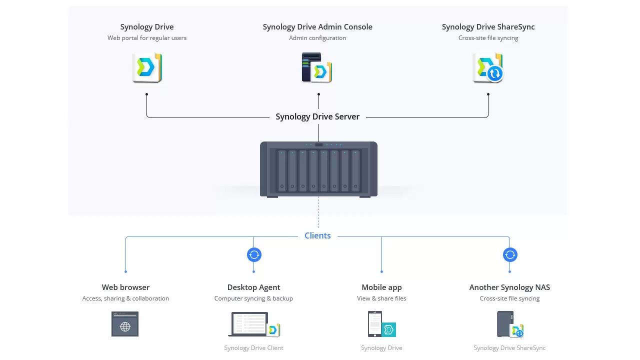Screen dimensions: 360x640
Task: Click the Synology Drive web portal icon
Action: coord(147,67)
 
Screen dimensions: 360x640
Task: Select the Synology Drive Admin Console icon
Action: coord(317,67)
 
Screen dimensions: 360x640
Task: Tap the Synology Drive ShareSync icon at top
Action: coord(488,67)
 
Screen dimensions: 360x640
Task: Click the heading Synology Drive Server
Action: coord(317,116)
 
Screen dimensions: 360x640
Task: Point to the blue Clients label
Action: coord(317,235)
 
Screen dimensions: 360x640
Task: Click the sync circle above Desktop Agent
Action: coord(254,255)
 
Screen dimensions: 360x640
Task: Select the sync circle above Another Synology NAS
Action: coord(510,255)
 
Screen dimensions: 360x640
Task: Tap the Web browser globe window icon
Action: coord(125,324)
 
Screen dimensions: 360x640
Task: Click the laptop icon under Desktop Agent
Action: coord(249,324)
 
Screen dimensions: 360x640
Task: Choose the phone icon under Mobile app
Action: coord(374,324)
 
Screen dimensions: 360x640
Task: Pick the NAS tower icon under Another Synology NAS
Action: coord(505,324)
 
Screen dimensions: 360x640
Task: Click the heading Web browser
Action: coord(125,287)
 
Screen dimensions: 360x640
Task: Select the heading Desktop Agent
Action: coord(253,287)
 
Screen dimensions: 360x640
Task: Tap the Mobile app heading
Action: coord(381,287)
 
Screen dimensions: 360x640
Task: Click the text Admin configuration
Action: coord(317,38)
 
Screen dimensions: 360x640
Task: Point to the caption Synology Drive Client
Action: coord(253,348)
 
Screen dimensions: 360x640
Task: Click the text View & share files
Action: coord(381,298)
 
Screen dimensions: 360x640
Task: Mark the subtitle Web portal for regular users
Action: coord(147,38)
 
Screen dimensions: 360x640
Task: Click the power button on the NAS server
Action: coord(319,144)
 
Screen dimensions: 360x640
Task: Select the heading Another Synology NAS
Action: coord(509,287)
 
